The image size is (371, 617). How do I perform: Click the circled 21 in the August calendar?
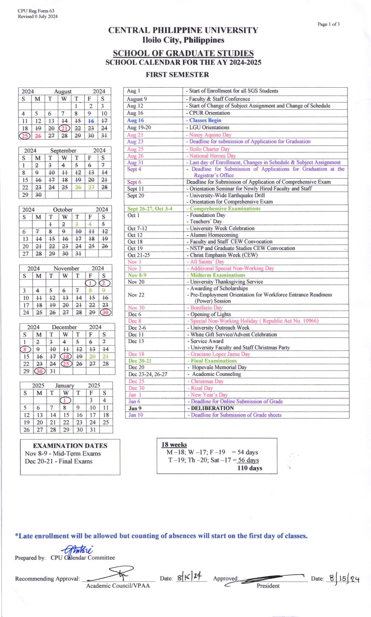(x=64, y=129)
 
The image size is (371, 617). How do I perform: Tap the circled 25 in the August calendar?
(x=25, y=136)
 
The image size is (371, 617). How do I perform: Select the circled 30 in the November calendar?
(x=105, y=312)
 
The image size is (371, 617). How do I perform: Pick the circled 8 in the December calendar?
(x=25, y=349)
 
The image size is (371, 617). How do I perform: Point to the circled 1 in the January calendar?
(x=65, y=400)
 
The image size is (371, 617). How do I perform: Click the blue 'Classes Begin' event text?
(x=205, y=120)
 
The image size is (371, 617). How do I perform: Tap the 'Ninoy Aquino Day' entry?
(x=210, y=135)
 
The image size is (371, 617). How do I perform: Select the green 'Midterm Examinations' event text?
(x=218, y=275)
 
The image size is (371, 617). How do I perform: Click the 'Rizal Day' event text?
(x=202, y=388)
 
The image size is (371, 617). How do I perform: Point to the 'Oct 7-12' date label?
(x=137, y=228)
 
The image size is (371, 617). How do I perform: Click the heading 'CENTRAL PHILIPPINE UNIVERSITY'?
(x=183, y=30)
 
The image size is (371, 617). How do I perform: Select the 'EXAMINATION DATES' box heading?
(x=70, y=446)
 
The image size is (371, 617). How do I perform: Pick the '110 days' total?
(x=249, y=468)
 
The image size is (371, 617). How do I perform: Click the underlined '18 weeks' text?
(x=174, y=445)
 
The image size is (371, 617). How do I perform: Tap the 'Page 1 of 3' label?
(x=329, y=24)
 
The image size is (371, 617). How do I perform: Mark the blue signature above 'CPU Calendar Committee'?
(x=78, y=550)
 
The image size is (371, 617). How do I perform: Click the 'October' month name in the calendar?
(x=63, y=209)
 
